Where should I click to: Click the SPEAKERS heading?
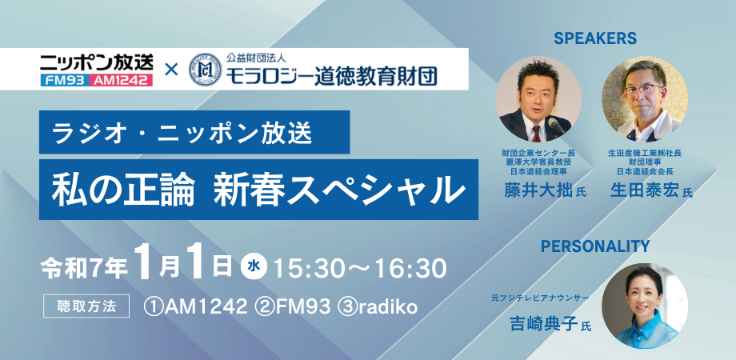pos(594,38)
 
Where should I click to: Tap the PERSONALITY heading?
pos(595,246)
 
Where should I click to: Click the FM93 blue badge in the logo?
pos(63,80)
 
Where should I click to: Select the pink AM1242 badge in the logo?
pos(121,80)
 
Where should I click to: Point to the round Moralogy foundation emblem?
pos(205,70)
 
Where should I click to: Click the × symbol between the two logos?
pos(171,70)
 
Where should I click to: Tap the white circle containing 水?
pos(254,267)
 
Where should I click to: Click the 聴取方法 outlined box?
pos(86,306)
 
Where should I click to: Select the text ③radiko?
pos(378,306)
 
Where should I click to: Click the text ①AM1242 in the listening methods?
pos(196,306)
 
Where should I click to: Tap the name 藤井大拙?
pos(538,190)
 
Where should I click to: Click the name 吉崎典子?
pos(543,324)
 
